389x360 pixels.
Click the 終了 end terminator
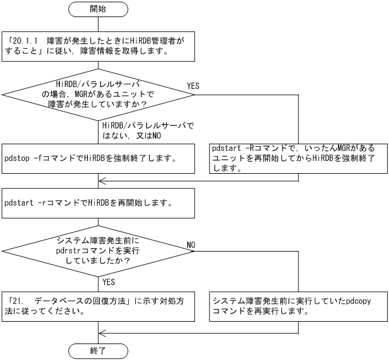point(98,351)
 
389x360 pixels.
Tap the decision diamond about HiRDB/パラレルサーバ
point(98,94)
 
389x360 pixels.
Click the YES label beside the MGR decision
point(193,86)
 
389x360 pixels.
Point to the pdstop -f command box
point(98,158)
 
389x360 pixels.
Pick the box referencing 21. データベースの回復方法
point(98,305)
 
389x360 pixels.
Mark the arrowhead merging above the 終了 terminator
point(102,332)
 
